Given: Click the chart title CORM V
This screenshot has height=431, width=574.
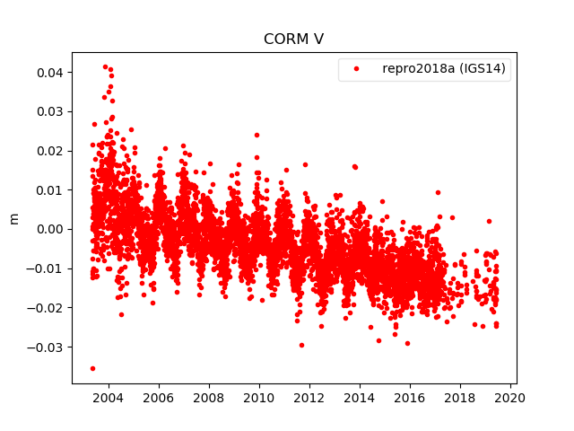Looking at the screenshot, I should pyautogui.click(x=293, y=40).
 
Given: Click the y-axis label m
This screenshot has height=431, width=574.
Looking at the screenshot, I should pyautogui.click(x=13, y=218).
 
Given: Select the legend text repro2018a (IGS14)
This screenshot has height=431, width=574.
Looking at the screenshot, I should pyautogui.click(x=446, y=69).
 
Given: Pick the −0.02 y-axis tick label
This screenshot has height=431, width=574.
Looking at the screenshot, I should pyautogui.click(x=47, y=307).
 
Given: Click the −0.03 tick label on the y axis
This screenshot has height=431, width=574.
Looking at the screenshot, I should pyautogui.click(x=47, y=347).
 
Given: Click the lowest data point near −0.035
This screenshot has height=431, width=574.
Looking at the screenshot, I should pyautogui.click(x=92, y=368).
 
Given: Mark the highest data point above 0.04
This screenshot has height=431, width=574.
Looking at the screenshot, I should pyautogui.click(x=105, y=66).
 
